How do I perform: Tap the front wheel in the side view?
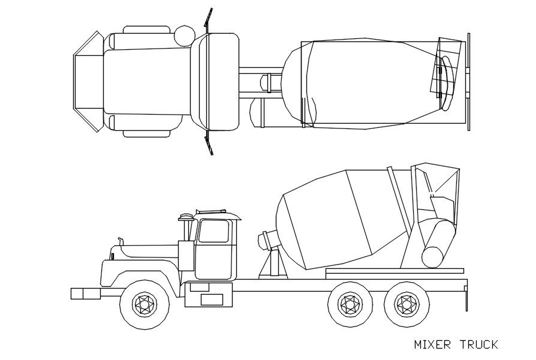coord(144,304)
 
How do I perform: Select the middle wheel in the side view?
coord(350,304)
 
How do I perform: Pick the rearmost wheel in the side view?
coord(406,304)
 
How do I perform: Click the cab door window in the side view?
coord(214,231)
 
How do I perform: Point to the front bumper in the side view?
coord(85,293)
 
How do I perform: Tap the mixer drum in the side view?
coord(336,219)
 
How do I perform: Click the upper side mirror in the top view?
coord(208,21)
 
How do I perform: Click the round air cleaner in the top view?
coord(183,35)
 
